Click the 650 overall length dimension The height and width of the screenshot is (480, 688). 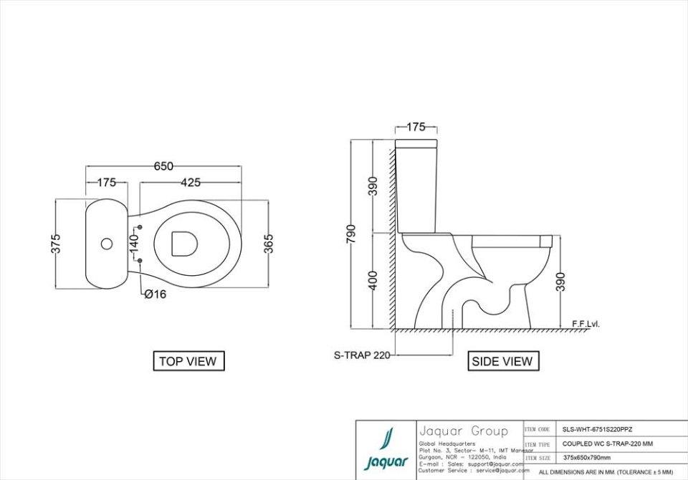163,166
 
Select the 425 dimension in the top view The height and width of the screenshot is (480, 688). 190,183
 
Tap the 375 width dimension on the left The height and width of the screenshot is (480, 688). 56,244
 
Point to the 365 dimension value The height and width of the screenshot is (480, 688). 268,244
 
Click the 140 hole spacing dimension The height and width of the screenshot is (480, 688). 133,243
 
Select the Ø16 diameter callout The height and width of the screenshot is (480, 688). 155,294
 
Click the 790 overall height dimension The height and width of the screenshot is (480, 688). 351,234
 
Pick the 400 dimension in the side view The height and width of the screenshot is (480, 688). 373,281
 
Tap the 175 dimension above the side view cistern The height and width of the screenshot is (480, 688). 416,128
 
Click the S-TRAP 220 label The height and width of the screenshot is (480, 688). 361,355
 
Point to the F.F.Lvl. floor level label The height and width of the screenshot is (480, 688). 586,324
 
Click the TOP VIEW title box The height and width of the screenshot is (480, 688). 188,361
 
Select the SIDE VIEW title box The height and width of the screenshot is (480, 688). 502,361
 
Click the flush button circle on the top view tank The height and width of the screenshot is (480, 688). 107,244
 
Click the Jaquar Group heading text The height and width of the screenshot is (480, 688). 463,431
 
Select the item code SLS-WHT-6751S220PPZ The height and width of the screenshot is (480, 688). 597,429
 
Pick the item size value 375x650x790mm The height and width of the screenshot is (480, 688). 586,457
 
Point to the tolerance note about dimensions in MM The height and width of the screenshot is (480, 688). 606,472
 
